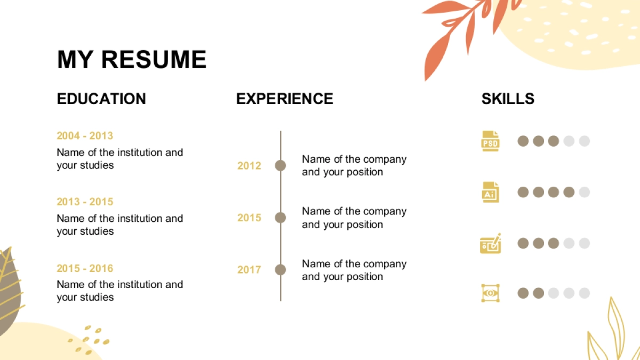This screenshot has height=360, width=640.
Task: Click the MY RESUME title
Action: point(132,59)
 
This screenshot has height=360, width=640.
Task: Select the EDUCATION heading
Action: point(101,99)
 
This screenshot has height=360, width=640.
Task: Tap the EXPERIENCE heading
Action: point(285,99)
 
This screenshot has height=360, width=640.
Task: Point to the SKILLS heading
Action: point(508,99)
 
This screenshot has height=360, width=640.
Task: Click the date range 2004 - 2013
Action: point(85,135)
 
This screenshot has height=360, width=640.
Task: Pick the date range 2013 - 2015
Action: point(85,202)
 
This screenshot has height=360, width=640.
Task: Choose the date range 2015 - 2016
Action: point(85,268)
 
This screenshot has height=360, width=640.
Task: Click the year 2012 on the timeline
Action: point(249,166)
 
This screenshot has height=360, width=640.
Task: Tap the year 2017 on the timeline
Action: point(249,270)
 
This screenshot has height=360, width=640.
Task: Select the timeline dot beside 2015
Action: point(281,218)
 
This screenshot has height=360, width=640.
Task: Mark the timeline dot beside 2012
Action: point(281,165)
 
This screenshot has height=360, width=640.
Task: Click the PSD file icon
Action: point(490,141)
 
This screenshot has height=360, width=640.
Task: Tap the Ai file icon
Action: point(490,192)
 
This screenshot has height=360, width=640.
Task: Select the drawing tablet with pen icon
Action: point(491,243)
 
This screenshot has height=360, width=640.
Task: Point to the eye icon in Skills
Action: point(490,293)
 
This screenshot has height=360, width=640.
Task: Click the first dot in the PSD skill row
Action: point(523,141)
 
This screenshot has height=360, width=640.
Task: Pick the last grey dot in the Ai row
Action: point(585,192)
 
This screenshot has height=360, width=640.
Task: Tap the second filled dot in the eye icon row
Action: point(538,293)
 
